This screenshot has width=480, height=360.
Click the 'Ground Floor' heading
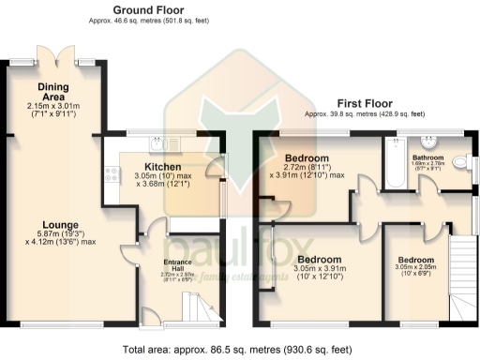pyautogui.click(x=147, y=9)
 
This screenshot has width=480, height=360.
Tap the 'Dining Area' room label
pyautogui.click(x=54, y=92)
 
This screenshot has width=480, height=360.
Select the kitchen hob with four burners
pyautogui.click(x=112, y=175)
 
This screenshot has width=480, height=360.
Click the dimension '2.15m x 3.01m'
pyautogui.click(x=54, y=107)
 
